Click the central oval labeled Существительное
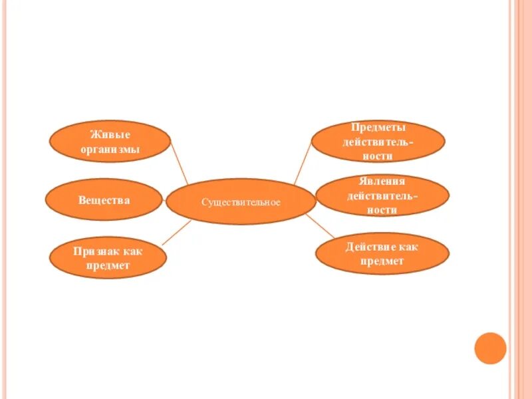[241, 201]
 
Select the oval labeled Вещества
[104, 199]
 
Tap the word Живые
[110, 135]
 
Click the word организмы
[110, 150]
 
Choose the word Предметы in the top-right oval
[378, 128]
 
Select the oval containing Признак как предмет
[107, 258]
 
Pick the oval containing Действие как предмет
[382, 253]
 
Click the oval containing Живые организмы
[110, 142]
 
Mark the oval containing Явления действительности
[382, 196]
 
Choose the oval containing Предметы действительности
[378, 142]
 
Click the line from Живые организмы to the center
[180, 164]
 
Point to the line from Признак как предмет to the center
[176, 233]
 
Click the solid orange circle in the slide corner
[491, 348]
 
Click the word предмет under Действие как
[382, 261]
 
